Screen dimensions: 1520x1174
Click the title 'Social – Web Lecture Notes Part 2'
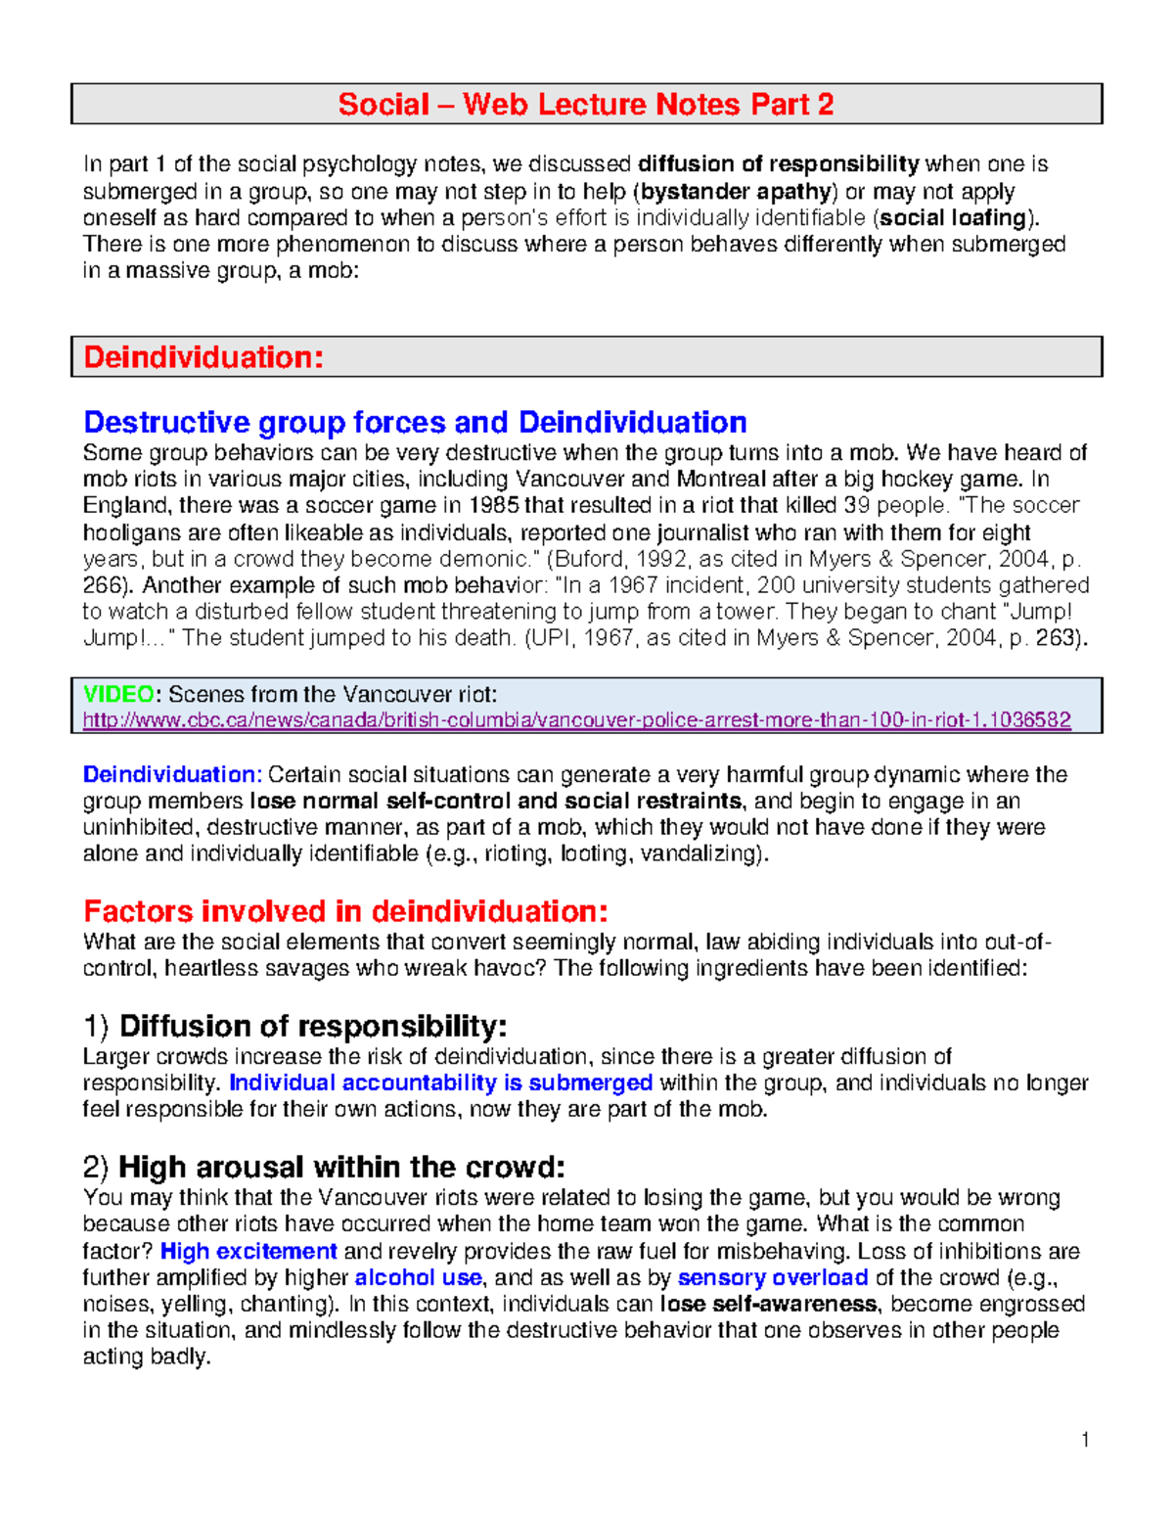point(585,104)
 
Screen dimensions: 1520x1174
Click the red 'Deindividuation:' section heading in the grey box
point(203,357)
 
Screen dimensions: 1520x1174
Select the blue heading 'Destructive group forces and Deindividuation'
point(415,422)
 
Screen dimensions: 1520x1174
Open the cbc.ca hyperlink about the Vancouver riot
point(576,720)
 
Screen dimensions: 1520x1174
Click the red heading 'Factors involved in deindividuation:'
point(345,911)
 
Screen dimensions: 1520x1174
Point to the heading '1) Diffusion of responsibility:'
point(294,1026)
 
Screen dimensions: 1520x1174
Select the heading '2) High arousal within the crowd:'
point(324,1167)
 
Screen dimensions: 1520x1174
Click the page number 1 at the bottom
point(1085,1439)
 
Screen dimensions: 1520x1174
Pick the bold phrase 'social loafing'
point(952,217)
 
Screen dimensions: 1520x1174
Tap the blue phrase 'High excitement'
point(248,1251)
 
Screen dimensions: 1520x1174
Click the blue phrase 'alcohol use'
point(418,1277)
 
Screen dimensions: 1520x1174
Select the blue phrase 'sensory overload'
point(773,1277)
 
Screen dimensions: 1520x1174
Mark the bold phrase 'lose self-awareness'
point(768,1304)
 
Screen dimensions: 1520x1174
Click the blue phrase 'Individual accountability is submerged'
point(440,1082)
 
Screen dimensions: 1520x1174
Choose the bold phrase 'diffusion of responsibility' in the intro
point(779,163)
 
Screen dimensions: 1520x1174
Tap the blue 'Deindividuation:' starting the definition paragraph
point(172,774)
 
